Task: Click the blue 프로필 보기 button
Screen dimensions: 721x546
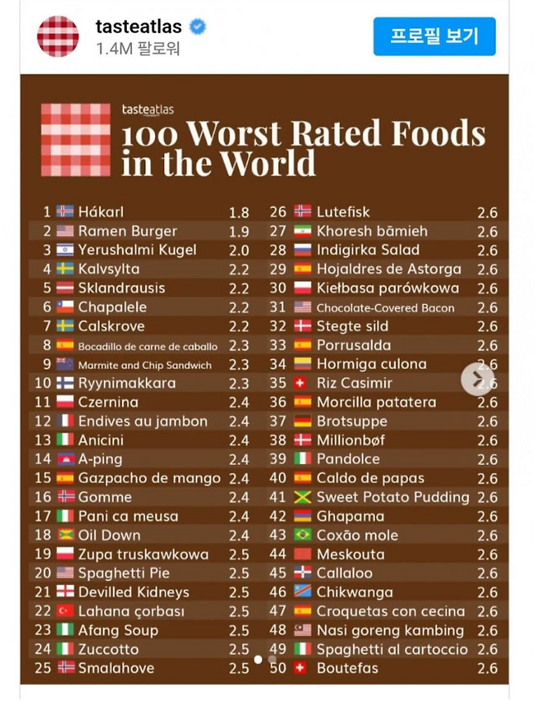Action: pyautogui.click(x=434, y=36)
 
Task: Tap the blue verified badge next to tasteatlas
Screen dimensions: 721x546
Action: pyautogui.click(x=197, y=27)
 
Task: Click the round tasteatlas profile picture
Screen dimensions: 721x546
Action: pyautogui.click(x=58, y=36)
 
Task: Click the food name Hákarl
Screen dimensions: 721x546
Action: pyautogui.click(x=100, y=212)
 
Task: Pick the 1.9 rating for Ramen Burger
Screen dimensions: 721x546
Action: pyautogui.click(x=238, y=232)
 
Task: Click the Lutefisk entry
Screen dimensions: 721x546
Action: pyautogui.click(x=343, y=212)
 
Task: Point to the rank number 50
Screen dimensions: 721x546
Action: pyautogui.click(x=278, y=668)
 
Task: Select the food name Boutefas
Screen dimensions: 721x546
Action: pyautogui.click(x=347, y=668)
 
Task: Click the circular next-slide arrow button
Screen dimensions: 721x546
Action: pyautogui.click(x=477, y=379)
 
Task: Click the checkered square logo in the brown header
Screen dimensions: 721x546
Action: pyautogui.click(x=76, y=139)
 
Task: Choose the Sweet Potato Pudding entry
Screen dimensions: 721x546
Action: pyautogui.click(x=392, y=497)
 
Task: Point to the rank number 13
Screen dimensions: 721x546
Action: pyautogui.click(x=42, y=440)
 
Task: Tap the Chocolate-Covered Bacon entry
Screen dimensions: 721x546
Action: pyautogui.click(x=385, y=307)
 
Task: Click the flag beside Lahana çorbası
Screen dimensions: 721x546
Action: pyautogui.click(x=65, y=612)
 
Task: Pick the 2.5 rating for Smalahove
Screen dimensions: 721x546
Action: pyautogui.click(x=238, y=668)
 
